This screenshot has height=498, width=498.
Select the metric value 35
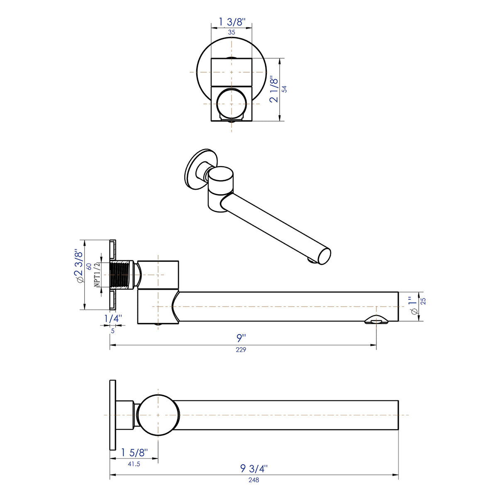coord(232,32)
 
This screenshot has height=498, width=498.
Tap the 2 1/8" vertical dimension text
coord(273,89)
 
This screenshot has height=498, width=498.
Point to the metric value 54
coord(285,89)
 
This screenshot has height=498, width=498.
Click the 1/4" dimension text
coord(112,319)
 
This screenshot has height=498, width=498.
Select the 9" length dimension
coord(242,339)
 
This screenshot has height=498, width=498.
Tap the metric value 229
coord(241,350)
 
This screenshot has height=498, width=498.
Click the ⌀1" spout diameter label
coord(412,306)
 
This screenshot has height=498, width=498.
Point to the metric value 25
coord(423,301)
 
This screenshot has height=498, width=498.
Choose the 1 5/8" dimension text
coord(134,452)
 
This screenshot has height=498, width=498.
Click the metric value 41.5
coord(134,464)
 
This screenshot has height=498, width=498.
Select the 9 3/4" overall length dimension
coord(254,469)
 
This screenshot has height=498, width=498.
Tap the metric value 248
coord(254,480)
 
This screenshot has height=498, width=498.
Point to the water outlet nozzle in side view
coord(376,320)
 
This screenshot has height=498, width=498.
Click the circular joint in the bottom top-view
coord(158,415)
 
